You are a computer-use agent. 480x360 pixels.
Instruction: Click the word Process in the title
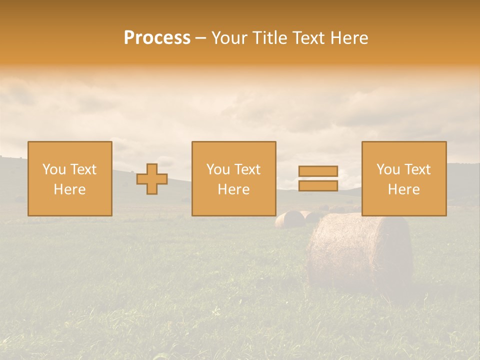pos(157,38)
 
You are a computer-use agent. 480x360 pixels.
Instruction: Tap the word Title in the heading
pos(268,38)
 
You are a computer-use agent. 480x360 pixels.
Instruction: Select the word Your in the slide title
pos(230,38)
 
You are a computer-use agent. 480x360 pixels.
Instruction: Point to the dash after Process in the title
pos(200,38)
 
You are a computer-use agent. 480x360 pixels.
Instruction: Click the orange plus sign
pos(152,179)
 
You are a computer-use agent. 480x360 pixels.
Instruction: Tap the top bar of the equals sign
pos(318,171)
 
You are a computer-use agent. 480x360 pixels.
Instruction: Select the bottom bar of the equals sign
pos(318,185)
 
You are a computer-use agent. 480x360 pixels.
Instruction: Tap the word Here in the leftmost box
pos(70,189)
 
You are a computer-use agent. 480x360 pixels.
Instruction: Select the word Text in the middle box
pos(247,169)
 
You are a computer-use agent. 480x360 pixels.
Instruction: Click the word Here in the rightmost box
pos(404,189)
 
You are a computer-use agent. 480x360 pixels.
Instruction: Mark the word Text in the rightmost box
pos(417,169)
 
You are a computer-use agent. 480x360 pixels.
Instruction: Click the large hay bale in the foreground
pos(360,250)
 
